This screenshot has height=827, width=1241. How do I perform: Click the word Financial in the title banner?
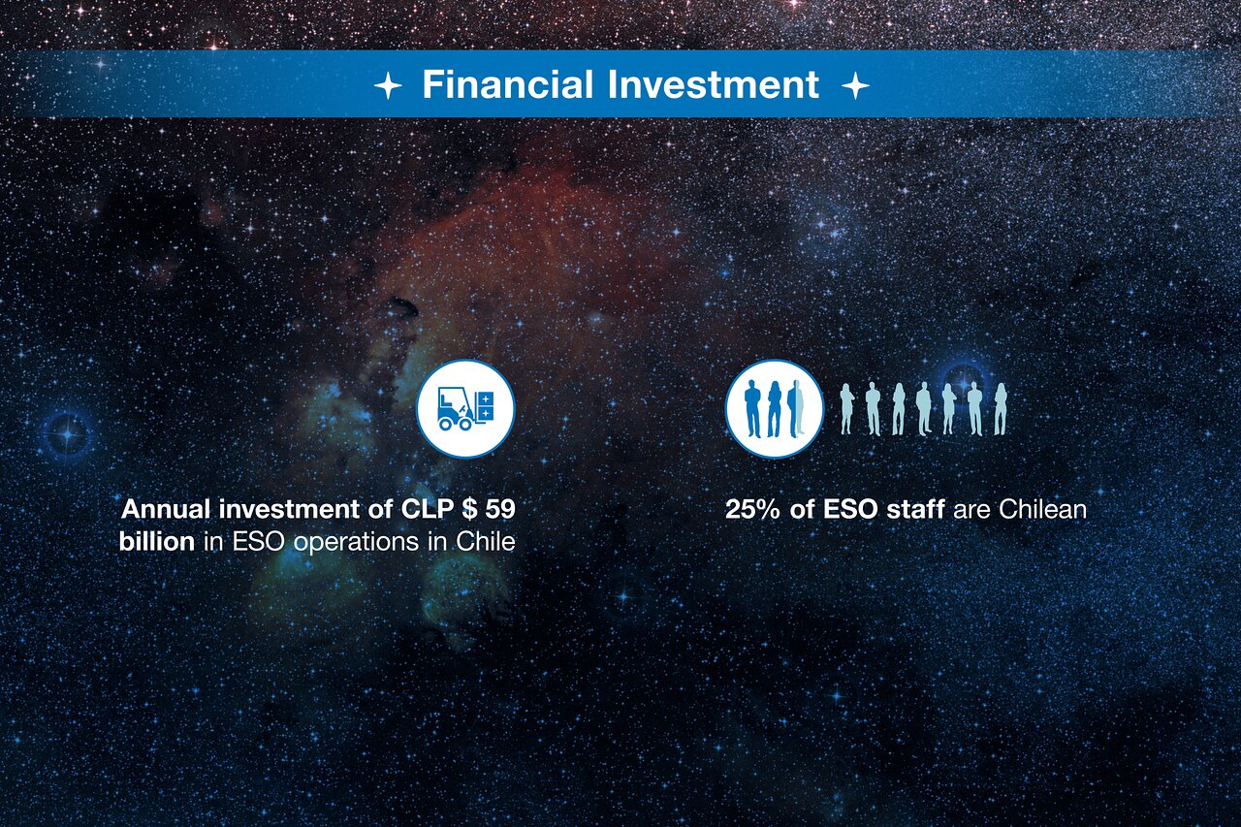508,84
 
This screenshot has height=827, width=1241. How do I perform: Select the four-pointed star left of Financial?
388,86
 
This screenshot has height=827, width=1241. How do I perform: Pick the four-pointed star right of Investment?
855,86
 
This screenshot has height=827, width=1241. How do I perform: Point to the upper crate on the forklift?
486,398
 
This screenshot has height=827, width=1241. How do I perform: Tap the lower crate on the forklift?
486,414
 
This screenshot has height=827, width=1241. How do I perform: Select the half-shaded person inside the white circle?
795,408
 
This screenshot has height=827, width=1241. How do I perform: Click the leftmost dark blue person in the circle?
753,409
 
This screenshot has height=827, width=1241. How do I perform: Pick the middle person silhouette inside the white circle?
774,409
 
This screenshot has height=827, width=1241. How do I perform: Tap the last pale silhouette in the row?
1000,409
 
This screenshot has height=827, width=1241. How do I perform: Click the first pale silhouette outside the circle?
846,409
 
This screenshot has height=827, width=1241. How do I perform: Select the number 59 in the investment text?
500,509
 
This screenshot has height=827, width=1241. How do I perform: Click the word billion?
157,542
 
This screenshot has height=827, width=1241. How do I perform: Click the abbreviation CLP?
427,509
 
